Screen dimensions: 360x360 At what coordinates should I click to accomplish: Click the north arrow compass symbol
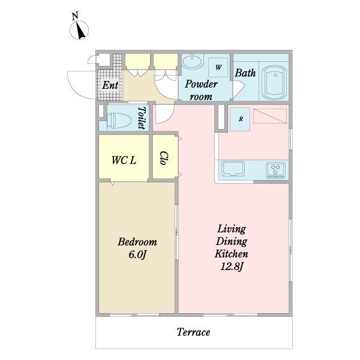[79, 30]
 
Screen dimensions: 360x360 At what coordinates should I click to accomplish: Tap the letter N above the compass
[75, 16]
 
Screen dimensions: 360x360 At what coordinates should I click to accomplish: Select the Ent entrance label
[110, 85]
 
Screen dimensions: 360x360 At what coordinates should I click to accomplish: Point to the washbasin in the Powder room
[192, 61]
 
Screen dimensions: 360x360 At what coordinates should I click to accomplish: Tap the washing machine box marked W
[218, 67]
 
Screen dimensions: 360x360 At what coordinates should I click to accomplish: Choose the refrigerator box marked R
[240, 119]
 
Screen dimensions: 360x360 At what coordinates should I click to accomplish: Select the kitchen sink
[233, 169]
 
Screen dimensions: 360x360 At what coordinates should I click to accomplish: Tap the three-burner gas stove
[275, 170]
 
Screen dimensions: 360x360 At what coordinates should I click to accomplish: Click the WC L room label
[124, 160]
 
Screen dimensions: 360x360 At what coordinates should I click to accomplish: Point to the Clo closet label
[164, 158]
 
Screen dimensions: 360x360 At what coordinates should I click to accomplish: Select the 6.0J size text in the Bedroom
[137, 254]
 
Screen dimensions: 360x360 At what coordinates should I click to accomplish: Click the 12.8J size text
[232, 267]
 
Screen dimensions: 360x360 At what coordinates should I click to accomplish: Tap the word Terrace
[193, 332]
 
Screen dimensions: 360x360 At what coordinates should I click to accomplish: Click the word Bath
[245, 73]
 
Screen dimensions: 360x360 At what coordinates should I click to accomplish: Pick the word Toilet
[142, 118]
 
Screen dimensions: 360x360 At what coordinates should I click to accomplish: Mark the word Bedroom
[137, 242]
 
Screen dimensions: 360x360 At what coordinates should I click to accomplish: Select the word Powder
[201, 84]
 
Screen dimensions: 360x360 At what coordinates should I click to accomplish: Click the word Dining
[232, 242]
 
